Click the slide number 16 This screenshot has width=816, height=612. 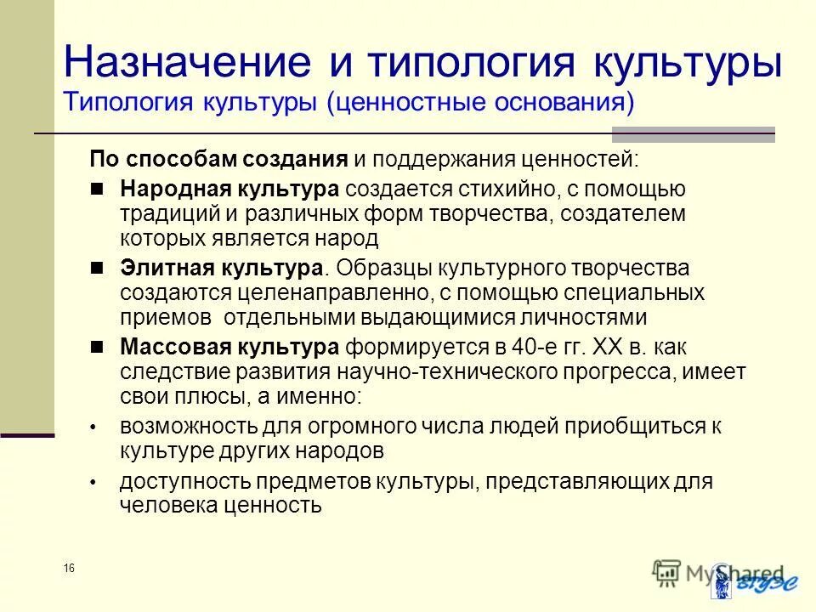pyautogui.click(x=69, y=568)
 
